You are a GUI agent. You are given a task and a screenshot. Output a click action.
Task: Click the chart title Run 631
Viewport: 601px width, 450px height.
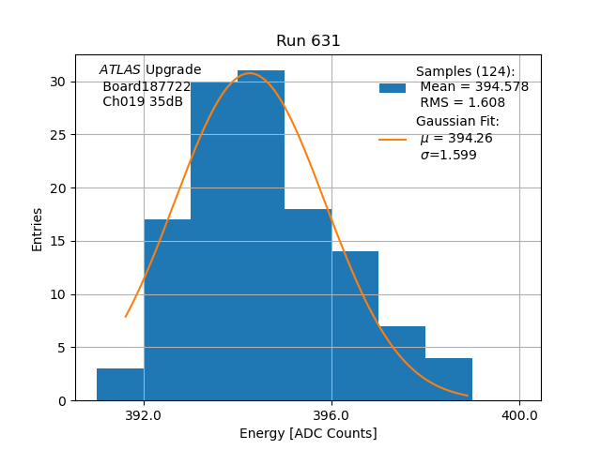click(308, 41)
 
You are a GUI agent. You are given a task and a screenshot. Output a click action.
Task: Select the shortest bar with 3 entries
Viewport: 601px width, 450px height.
click(120, 384)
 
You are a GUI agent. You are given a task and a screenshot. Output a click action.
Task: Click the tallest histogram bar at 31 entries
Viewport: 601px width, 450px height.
click(261, 234)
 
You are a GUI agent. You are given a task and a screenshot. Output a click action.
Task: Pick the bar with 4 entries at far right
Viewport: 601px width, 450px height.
click(449, 379)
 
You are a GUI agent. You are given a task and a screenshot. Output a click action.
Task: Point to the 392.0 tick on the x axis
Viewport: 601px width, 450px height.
click(144, 415)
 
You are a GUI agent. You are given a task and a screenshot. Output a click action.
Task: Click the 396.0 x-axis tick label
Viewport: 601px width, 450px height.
click(331, 415)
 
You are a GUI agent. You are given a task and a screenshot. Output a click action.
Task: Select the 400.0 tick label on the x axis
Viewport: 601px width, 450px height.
click(519, 415)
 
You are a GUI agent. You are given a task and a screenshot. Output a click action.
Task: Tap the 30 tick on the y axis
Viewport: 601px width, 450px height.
click(58, 82)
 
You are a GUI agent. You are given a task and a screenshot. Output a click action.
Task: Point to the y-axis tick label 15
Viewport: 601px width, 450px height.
click(58, 241)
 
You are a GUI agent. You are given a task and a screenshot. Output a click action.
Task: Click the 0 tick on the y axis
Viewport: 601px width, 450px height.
click(62, 400)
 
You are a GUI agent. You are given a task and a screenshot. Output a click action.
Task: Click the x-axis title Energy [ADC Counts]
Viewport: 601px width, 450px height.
click(308, 433)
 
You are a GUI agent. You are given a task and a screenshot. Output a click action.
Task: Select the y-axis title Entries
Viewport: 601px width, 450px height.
click(38, 229)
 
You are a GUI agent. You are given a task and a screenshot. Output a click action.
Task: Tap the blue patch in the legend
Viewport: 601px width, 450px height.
click(393, 87)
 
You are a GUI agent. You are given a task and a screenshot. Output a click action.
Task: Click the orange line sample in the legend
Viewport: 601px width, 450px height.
click(393, 139)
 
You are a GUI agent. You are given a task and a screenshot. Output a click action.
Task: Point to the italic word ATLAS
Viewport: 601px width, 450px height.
click(120, 70)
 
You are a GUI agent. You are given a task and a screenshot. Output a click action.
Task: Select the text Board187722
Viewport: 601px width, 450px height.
click(146, 86)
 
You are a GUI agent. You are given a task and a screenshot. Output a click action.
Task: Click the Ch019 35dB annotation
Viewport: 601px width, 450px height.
click(143, 101)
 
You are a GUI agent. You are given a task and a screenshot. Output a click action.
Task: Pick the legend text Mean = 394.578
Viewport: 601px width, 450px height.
click(474, 87)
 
